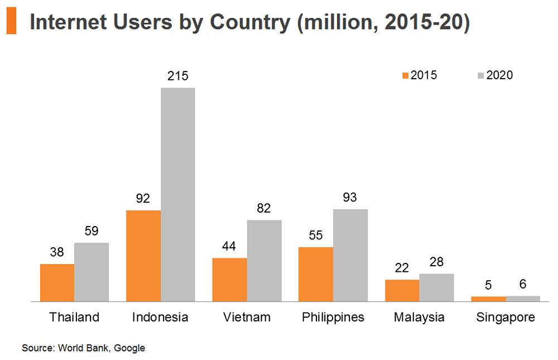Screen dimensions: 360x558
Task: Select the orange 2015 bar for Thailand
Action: click(x=57, y=282)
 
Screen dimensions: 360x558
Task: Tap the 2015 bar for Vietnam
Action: click(x=229, y=280)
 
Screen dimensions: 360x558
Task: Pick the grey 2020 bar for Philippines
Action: click(x=350, y=255)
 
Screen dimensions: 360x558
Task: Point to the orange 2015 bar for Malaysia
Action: click(x=402, y=290)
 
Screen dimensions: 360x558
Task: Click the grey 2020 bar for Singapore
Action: click(x=523, y=299)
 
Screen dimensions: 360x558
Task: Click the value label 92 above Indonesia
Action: click(x=143, y=199)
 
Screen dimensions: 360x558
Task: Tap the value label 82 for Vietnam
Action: click(x=264, y=208)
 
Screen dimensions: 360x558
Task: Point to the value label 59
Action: click(x=92, y=231)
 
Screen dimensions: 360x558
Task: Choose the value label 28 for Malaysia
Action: click(x=436, y=262)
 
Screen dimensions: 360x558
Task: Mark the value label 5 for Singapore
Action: click(x=488, y=285)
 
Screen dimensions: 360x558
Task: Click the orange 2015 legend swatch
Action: click(x=406, y=75)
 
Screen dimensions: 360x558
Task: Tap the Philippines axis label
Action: click(x=333, y=318)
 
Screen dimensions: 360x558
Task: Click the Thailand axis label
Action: click(x=74, y=317)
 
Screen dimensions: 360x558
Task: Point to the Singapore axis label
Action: click(x=506, y=318)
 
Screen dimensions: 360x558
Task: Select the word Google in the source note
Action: click(x=129, y=348)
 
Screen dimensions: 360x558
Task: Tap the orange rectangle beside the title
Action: click(x=11, y=22)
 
